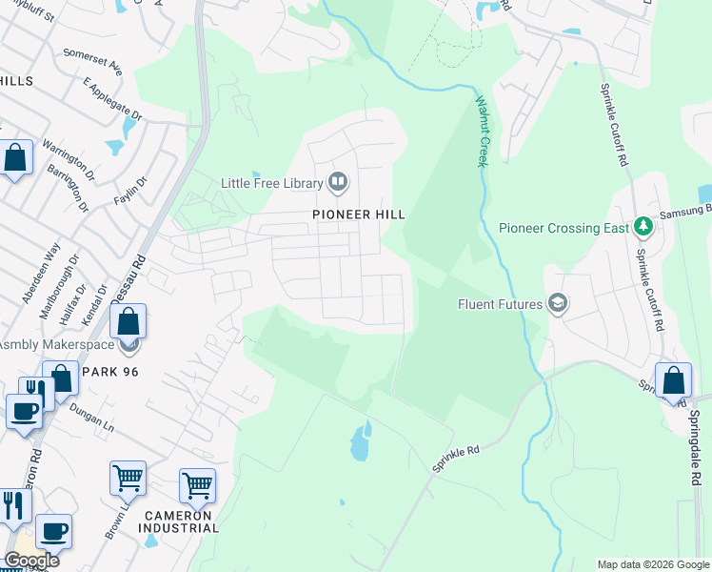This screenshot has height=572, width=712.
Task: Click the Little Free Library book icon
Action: [337, 181]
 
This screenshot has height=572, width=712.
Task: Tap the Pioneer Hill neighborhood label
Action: [359, 214]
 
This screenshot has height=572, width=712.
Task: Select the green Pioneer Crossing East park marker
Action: [643, 227]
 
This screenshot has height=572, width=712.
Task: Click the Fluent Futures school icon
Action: [558, 304]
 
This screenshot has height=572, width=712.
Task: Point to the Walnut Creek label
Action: [482, 131]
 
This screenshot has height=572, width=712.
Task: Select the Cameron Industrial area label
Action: [181, 521]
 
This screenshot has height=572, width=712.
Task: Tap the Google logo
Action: [30, 561]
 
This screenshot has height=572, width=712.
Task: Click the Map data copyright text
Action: [652, 564]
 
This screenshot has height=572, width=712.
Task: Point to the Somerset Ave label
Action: [93, 61]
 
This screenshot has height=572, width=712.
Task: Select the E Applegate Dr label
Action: [112, 100]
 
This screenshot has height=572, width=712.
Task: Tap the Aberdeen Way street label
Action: [37, 272]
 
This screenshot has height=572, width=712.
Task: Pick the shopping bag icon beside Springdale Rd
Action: [673, 379]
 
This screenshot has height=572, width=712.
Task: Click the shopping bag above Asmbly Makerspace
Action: [129, 320]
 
